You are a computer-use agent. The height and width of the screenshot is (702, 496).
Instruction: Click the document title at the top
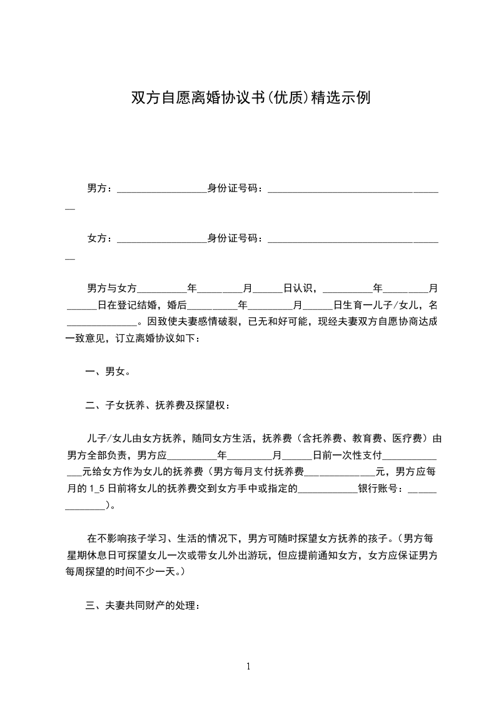click(250, 98)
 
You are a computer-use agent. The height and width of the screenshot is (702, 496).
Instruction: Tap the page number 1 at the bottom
click(248, 666)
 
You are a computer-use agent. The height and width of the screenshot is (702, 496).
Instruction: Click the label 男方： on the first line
click(100, 187)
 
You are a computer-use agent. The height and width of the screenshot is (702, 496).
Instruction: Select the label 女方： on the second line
click(100, 238)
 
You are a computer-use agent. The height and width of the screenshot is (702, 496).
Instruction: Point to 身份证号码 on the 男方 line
click(233, 187)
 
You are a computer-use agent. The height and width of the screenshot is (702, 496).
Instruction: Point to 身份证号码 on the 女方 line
click(233, 238)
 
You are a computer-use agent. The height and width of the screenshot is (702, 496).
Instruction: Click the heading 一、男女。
click(108, 372)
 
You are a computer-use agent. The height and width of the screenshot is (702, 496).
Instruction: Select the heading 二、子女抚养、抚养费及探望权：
click(158, 405)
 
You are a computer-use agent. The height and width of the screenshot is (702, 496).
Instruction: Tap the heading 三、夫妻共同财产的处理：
click(143, 606)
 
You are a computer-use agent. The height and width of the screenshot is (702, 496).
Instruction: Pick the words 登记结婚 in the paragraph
click(141, 305)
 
